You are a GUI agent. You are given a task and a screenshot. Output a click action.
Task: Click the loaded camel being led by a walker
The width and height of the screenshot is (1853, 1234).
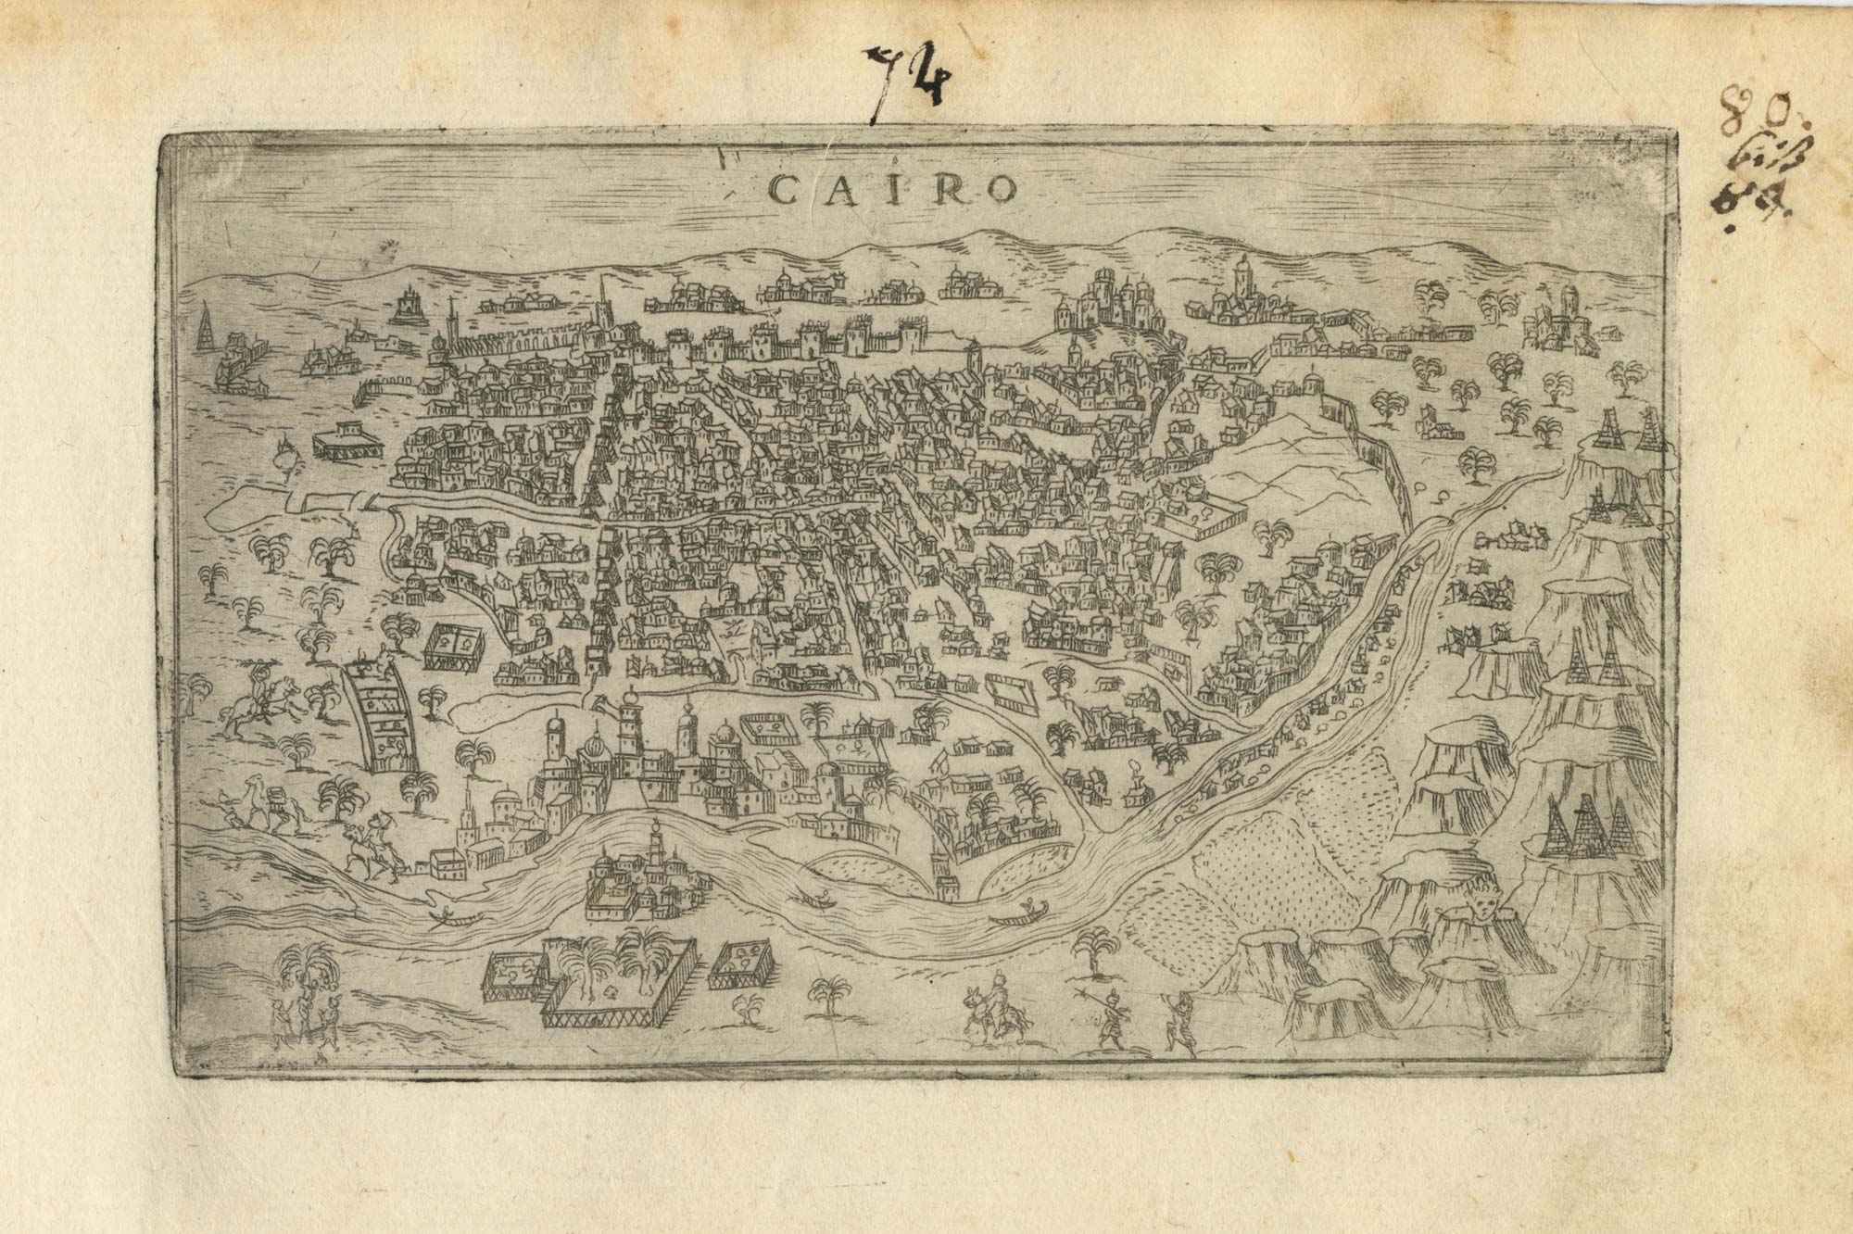264,804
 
